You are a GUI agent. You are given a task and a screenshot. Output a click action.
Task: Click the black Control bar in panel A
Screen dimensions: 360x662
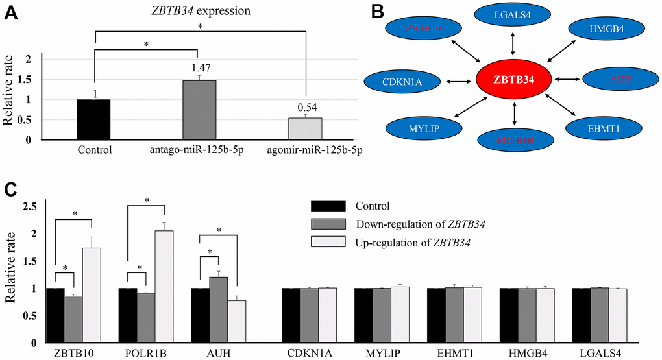pos(93,119)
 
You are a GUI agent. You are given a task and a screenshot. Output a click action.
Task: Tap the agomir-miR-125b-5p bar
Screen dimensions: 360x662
pos(304,128)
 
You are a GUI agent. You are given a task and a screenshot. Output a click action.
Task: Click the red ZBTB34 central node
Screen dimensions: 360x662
pos(514,80)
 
